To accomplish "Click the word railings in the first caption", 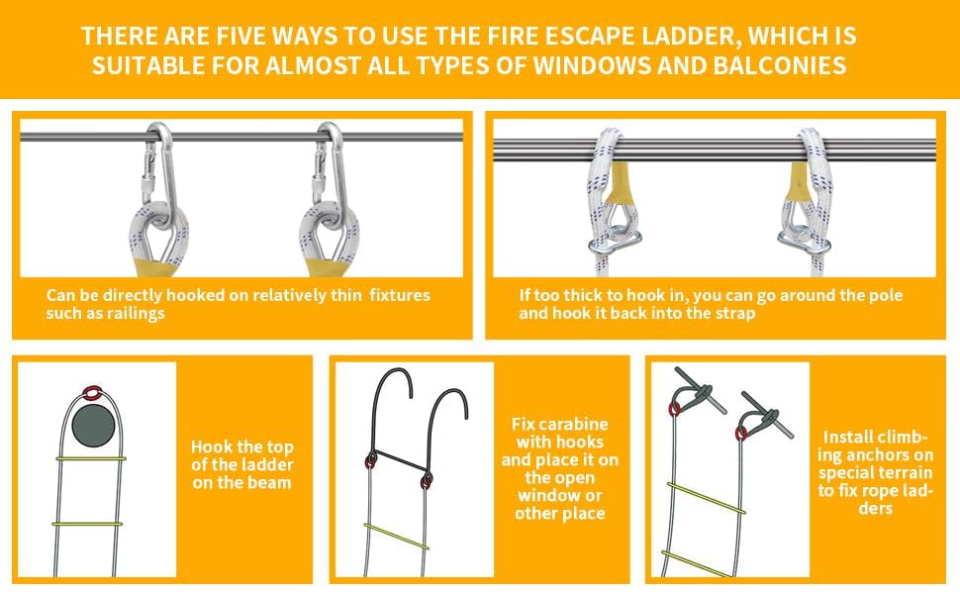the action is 136,314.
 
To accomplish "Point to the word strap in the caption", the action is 735,314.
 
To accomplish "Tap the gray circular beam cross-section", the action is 93,426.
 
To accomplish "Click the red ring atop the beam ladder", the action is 91,391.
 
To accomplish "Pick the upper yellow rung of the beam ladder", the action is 91,458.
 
